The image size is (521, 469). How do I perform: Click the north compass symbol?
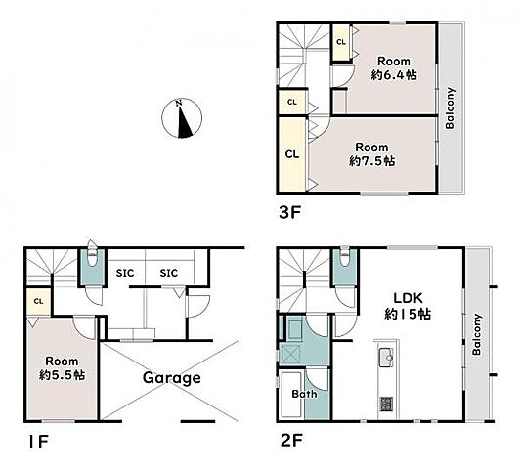(182, 118)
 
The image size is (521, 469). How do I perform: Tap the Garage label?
(172, 378)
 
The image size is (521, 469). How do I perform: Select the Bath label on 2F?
(304, 394)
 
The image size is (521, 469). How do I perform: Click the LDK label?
(408, 298)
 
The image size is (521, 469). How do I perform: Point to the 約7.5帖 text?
(371, 161)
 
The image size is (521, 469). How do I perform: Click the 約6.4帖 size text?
(394, 75)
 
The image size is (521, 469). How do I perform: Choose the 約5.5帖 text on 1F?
(62, 375)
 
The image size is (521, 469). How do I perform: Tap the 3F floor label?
(289, 213)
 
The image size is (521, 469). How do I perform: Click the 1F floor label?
(38, 441)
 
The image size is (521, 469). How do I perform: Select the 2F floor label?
(291, 441)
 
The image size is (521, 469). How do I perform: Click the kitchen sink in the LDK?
(386, 358)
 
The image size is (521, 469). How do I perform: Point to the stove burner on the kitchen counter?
(386, 404)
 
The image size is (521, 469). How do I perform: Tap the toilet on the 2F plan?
(345, 256)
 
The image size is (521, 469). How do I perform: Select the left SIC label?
(125, 273)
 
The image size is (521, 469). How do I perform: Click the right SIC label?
(169, 273)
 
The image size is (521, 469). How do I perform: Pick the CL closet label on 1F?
(38, 301)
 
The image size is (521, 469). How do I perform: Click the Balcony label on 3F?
(450, 107)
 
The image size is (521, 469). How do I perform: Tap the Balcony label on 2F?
(477, 334)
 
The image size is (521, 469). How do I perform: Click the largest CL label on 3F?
(292, 154)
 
